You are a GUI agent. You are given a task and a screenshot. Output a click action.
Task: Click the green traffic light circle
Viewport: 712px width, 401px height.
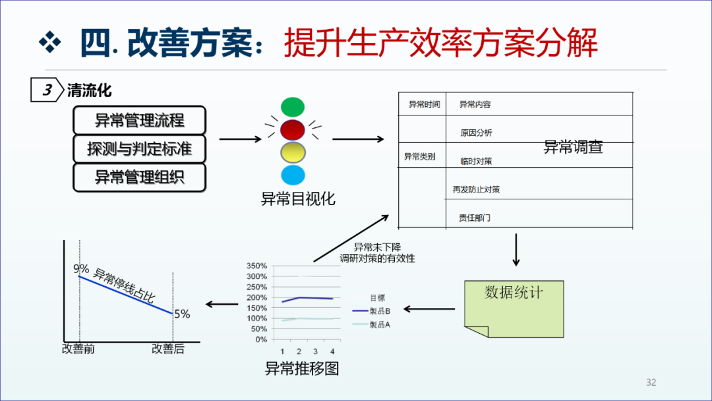[293, 106]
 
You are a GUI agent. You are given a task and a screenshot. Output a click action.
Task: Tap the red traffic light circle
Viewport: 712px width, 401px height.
[293, 129]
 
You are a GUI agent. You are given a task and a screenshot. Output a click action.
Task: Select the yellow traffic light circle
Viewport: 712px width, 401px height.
[293, 152]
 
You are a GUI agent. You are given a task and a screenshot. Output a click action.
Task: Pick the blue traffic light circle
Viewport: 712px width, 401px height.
[293, 175]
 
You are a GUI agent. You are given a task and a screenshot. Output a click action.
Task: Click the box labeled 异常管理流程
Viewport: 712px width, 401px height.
[139, 120]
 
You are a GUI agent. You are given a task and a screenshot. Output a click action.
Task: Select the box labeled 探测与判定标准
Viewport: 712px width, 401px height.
[139, 149]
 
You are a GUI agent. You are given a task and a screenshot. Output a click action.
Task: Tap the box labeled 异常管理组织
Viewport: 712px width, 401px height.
[139, 177]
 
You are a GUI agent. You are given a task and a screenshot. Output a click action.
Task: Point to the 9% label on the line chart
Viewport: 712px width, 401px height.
[81, 269]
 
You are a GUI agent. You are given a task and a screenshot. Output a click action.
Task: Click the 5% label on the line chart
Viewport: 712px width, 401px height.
[182, 315]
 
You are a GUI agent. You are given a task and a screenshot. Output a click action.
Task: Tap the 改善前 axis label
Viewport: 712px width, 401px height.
[78, 349]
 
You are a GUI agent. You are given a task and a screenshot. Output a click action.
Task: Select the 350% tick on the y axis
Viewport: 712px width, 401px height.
[256, 266]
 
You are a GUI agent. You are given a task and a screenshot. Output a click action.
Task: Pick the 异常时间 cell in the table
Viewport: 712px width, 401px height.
[424, 105]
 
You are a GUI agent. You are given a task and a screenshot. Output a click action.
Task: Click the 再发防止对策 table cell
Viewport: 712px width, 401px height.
[476, 190]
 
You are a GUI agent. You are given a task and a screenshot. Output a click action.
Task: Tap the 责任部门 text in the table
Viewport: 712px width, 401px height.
[475, 218]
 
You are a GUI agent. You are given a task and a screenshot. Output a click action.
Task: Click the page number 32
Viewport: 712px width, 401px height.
[651, 383]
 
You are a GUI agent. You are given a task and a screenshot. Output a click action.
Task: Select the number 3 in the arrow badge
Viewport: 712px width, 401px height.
[46, 91]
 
